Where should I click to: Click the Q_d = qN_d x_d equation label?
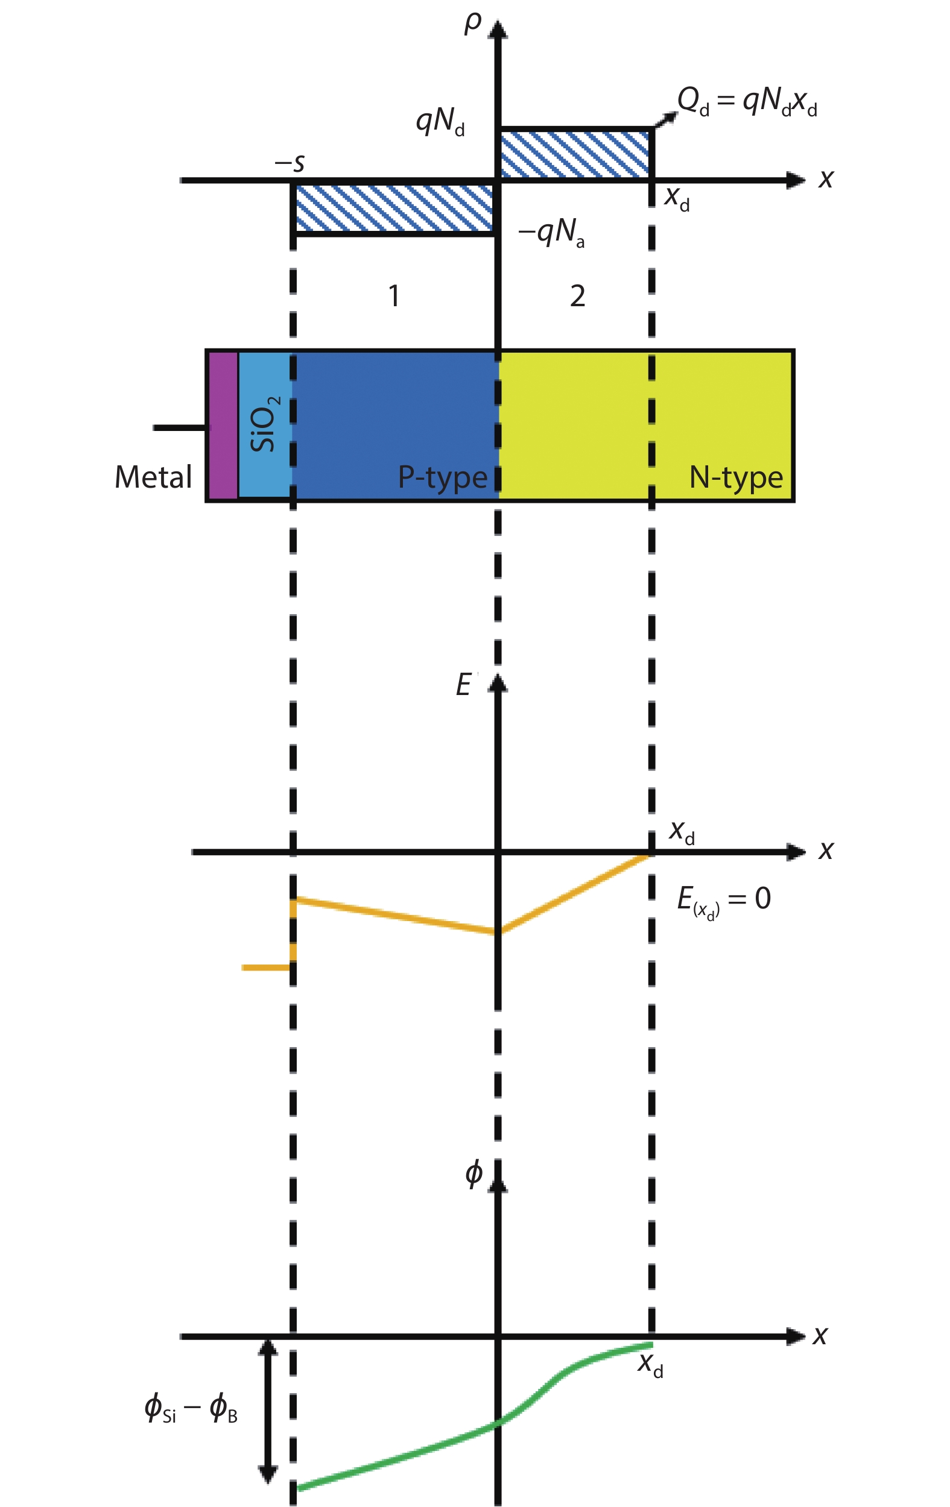tap(747, 102)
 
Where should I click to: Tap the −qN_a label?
tap(552, 233)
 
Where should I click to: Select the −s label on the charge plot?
tap(290, 163)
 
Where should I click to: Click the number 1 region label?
tap(393, 295)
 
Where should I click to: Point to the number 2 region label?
tap(577, 295)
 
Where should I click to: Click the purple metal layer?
tap(223, 426)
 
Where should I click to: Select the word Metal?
tap(153, 477)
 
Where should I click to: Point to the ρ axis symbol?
tap(473, 23)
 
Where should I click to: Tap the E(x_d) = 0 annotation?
tap(724, 901)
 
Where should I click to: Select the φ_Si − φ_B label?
tap(191, 1408)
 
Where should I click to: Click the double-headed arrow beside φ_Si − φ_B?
tap(268, 1411)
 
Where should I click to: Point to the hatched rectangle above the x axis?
tap(575, 153)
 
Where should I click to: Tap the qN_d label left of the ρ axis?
tap(440, 121)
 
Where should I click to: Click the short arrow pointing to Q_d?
tap(666, 119)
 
